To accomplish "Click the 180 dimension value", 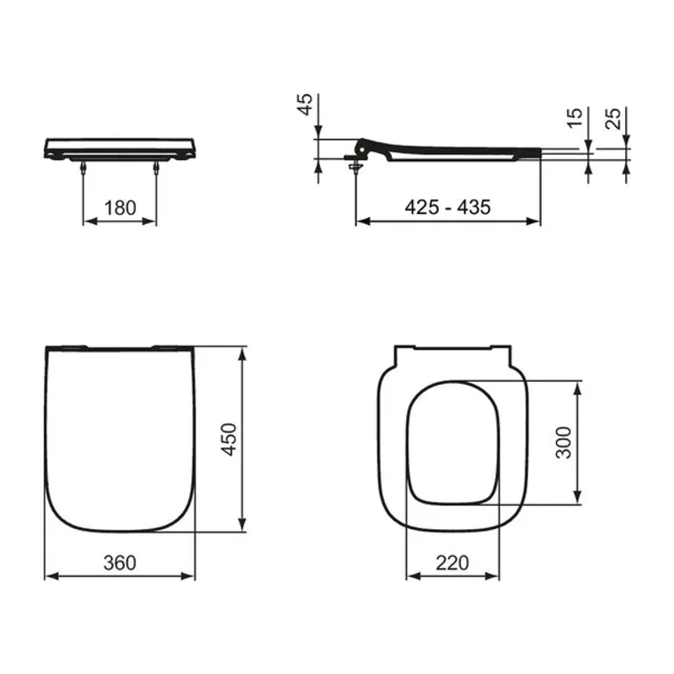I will point(120,207).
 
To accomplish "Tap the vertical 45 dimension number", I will point(307,104).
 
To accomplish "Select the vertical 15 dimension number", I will point(575,116).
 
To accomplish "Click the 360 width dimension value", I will point(120,563).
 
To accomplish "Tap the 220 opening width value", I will point(452,563).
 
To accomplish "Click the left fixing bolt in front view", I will point(83,168).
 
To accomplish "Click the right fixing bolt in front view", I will point(156,168).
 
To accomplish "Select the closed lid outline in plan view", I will point(120,438).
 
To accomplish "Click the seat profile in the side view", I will point(447,151).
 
